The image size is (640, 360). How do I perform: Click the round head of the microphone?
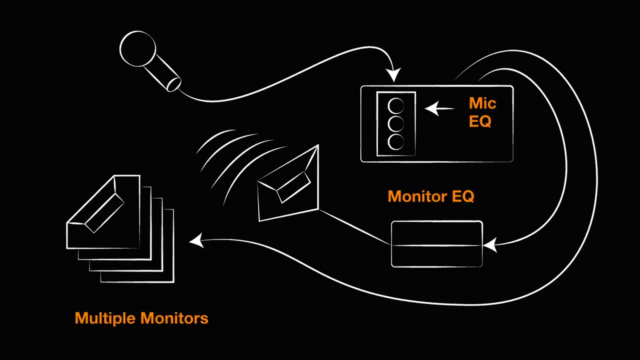click(137, 49)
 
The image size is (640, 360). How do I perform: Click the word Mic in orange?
click(482, 103)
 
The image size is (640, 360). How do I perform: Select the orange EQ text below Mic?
click(480, 121)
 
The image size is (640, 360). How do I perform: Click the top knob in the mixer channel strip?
click(396, 106)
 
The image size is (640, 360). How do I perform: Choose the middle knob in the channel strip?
click(396, 124)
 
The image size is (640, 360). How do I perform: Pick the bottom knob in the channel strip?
click(396, 142)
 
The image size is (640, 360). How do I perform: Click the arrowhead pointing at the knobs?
click(431, 108)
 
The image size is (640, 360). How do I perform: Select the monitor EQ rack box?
click(436, 244)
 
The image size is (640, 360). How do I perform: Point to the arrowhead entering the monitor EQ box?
click(489, 245)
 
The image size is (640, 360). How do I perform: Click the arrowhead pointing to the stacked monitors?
click(196, 241)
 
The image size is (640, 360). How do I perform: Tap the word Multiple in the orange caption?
click(105, 318)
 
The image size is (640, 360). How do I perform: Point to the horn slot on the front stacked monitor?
click(104, 213)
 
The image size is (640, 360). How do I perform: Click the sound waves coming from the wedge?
click(235, 160)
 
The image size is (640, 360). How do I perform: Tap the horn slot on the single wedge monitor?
click(293, 186)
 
